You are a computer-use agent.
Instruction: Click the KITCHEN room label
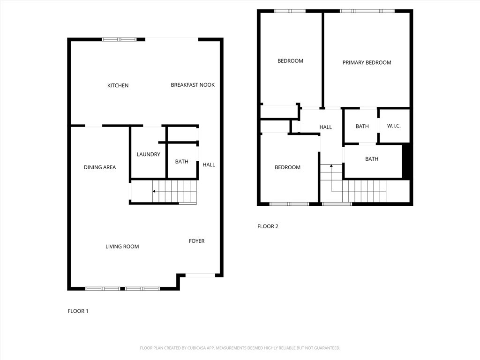(118, 85)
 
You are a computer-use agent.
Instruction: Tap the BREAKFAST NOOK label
(193, 85)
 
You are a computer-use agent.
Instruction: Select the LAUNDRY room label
(148, 154)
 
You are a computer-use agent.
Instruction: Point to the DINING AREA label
(100, 167)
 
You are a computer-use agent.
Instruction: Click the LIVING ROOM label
(122, 247)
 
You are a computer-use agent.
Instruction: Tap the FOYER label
(196, 241)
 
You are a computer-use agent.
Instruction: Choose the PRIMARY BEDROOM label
(367, 62)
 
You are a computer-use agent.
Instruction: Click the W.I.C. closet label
(394, 126)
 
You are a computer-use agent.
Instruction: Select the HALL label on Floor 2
(326, 127)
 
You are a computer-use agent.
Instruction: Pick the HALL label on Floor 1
(209, 165)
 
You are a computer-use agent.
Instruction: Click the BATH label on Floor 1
(181, 162)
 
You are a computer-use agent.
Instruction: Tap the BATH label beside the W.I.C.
(362, 126)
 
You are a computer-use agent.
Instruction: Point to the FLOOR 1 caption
(78, 311)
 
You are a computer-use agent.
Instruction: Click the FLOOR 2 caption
(268, 226)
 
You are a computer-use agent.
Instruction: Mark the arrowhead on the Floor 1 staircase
(154, 191)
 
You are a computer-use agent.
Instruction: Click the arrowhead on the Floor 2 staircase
(331, 165)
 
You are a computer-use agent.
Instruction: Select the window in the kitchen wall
(120, 39)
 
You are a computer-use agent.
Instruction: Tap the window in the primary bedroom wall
(367, 11)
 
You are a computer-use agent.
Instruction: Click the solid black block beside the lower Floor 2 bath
(407, 162)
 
